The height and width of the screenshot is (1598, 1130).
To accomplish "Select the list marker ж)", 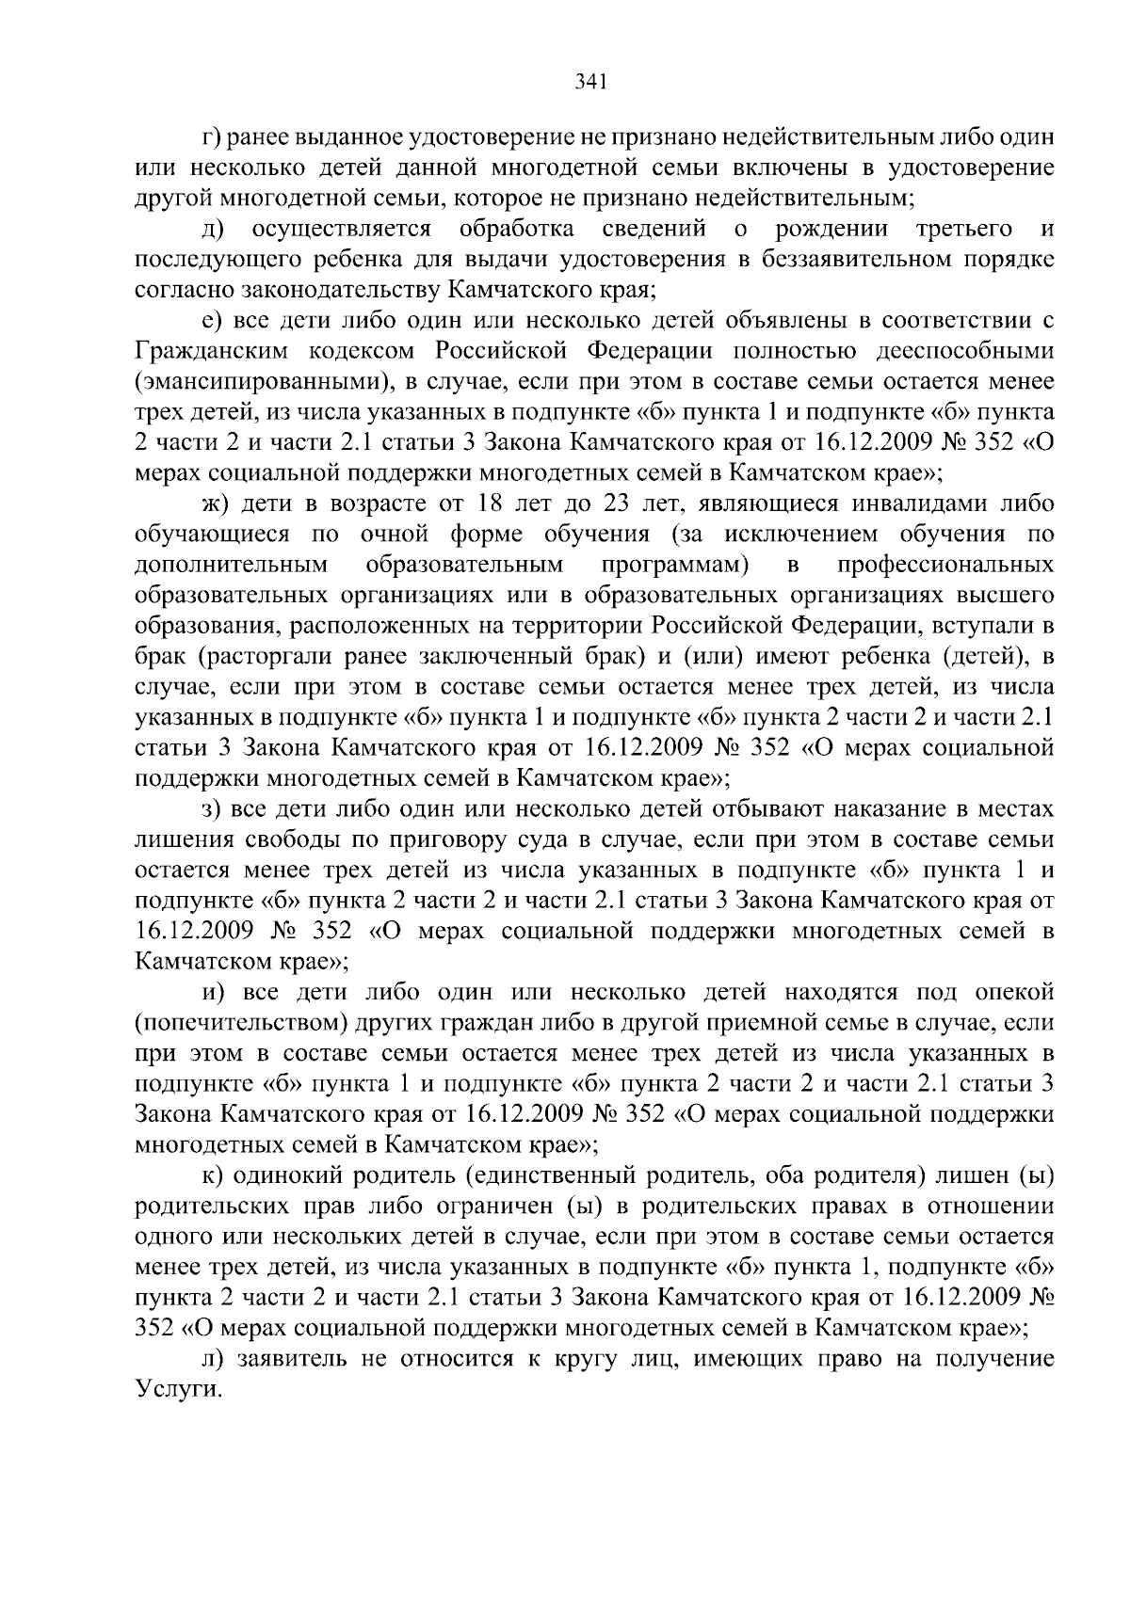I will (216, 504).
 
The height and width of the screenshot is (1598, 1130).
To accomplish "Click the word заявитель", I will (293, 1359).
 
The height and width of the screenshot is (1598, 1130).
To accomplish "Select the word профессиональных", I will (944, 566).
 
